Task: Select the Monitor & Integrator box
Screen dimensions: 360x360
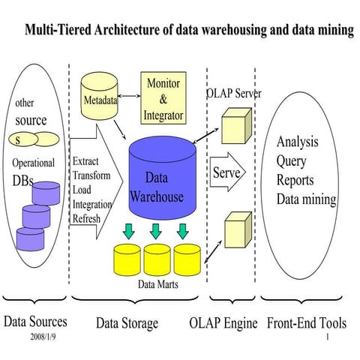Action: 163,100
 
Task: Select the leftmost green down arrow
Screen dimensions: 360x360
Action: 129,228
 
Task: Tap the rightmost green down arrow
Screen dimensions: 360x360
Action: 184,228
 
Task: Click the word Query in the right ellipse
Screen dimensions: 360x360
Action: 291,160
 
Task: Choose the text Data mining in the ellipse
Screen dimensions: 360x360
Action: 306,199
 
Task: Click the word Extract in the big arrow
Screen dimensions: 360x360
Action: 86,161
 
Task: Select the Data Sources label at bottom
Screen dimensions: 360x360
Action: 35,322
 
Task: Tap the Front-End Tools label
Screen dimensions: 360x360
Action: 307,323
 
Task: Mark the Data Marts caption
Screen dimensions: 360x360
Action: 157,284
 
